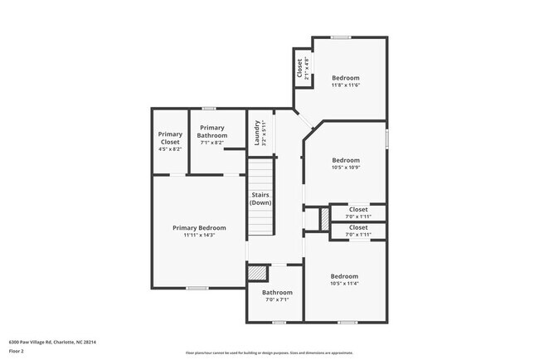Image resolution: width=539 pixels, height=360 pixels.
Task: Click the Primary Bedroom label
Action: (199, 227)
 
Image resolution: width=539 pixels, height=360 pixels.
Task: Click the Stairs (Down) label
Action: (260, 198)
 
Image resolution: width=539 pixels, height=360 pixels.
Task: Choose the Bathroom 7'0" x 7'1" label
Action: (277, 292)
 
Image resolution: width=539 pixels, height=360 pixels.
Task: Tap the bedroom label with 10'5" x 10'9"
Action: (345, 159)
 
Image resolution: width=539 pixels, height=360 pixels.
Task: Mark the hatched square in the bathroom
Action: (259, 272)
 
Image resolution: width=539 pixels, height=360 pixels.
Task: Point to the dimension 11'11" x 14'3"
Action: (199, 236)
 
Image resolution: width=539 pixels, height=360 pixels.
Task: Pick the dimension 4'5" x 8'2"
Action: (170, 148)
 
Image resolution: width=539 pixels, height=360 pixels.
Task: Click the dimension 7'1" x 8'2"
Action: (211, 143)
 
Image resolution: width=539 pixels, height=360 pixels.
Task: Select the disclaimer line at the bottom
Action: (269, 352)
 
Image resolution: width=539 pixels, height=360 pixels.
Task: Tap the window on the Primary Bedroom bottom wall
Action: (197, 288)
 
